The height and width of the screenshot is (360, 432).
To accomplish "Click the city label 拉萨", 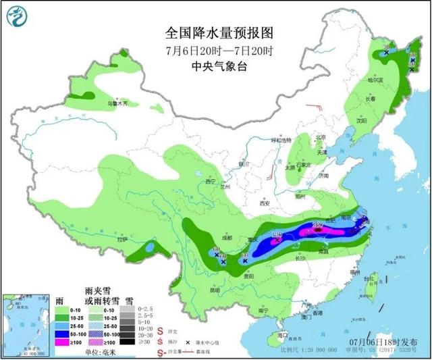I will click(x=122, y=239).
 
